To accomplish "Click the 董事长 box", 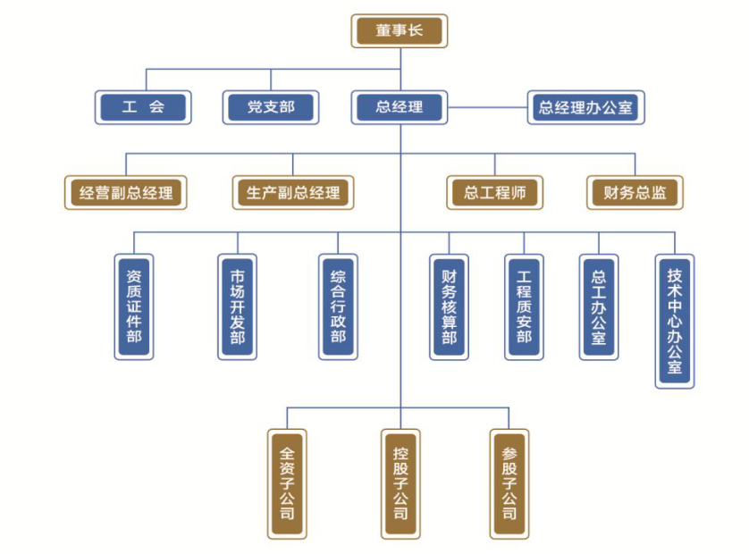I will click(398, 31).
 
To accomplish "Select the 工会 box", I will click(143, 108).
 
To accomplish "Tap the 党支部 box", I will click(270, 108).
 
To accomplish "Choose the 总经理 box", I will click(399, 108).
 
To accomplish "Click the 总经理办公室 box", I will click(585, 108).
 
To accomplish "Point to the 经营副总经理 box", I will click(126, 192).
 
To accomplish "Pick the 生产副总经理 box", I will click(292, 192).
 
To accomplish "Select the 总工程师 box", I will click(494, 192).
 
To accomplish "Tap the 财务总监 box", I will click(635, 192).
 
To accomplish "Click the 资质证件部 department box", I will click(134, 306).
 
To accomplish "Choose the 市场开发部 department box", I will click(237, 306).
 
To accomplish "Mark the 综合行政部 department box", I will click(338, 306).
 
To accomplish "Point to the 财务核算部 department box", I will click(449, 306).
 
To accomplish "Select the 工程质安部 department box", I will click(524, 306).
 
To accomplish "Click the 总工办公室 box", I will click(598, 306).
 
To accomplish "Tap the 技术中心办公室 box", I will click(674, 321).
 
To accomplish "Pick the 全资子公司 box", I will click(287, 483).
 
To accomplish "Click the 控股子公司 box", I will click(400, 483).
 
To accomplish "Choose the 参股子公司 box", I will click(509, 483).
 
